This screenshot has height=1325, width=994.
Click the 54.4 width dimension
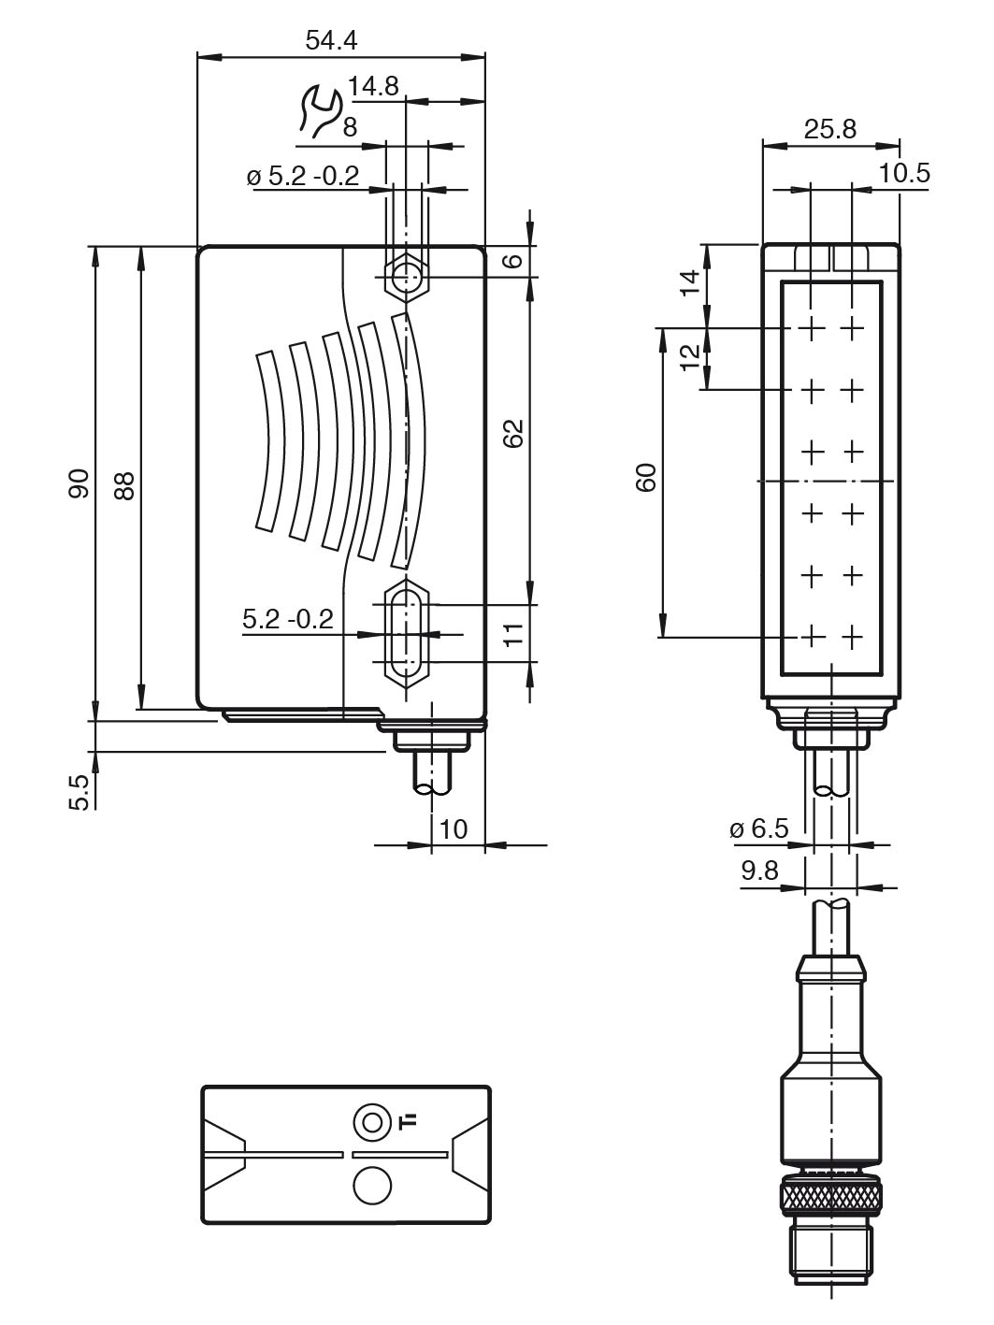(x=332, y=40)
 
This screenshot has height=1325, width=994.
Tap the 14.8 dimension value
(x=373, y=86)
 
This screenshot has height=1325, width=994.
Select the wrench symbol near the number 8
(x=318, y=111)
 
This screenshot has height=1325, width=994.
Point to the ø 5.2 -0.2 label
(x=304, y=177)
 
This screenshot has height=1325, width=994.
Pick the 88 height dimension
(x=124, y=482)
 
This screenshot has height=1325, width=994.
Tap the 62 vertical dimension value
(x=512, y=432)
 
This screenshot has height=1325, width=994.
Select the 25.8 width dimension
(x=830, y=129)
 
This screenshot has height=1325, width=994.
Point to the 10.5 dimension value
(x=904, y=173)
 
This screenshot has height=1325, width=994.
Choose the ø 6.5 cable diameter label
(x=758, y=828)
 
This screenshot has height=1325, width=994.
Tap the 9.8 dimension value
(x=759, y=871)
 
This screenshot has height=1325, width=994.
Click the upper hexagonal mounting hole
(x=407, y=276)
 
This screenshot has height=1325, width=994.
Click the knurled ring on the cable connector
(x=829, y=1197)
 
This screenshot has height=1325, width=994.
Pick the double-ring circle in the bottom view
(x=371, y=1122)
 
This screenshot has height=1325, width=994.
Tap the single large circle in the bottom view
(x=371, y=1185)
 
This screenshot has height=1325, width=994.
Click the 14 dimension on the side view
(x=690, y=282)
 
